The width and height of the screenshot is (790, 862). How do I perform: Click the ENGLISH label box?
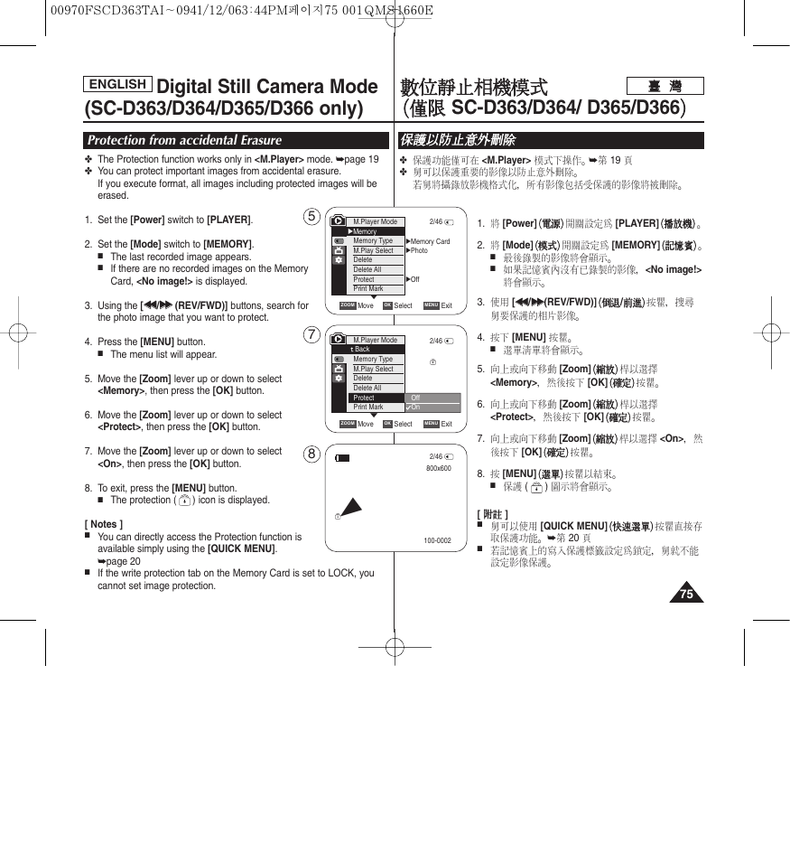[x=118, y=84]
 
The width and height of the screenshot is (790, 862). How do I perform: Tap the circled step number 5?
[x=311, y=217]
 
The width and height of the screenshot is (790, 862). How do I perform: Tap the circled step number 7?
[x=311, y=335]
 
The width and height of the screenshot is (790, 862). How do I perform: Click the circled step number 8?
[x=311, y=454]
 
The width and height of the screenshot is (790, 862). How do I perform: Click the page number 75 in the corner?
[x=687, y=594]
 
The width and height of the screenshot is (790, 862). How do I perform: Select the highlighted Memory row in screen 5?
[x=376, y=231]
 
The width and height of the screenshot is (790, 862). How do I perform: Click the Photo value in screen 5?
[x=420, y=250]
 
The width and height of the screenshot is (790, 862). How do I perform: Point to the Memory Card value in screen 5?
[x=430, y=241]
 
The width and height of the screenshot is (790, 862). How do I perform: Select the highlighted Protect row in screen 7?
[x=375, y=398]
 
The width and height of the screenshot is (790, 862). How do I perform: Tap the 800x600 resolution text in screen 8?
[x=438, y=469]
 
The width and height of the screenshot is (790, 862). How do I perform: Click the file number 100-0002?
[x=437, y=541]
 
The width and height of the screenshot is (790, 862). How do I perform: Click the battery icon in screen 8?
[x=342, y=457]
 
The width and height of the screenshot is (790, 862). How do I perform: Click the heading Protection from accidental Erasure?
[x=184, y=140]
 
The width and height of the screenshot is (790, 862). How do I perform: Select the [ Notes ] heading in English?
[x=104, y=524]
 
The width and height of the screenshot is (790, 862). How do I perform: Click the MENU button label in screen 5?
[x=431, y=305]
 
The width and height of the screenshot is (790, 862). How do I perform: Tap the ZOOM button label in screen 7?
[x=348, y=424]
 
